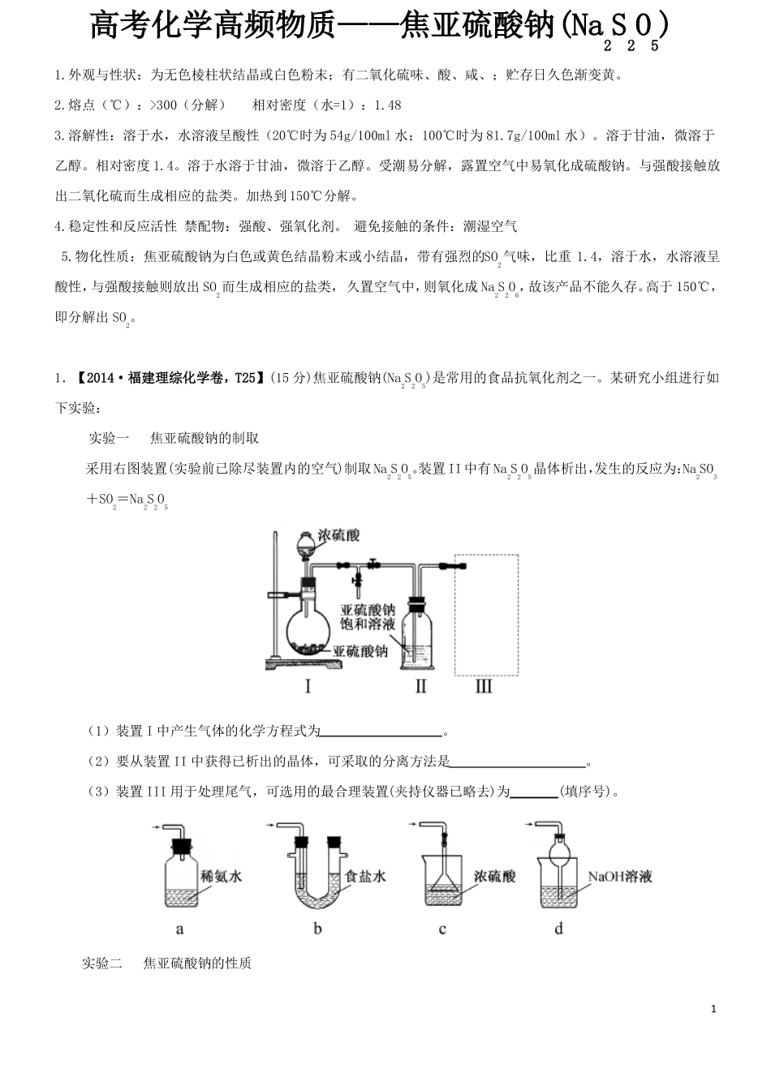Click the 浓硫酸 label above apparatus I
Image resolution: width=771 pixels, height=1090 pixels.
coord(338,535)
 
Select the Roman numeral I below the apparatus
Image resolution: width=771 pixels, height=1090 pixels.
coord(308,687)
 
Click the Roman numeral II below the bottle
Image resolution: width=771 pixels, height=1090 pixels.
coord(420,687)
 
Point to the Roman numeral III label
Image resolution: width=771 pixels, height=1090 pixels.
coord(484,687)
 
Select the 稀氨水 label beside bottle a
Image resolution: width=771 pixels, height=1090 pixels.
coord(221,877)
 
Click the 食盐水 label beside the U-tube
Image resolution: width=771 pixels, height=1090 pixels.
coord(365,877)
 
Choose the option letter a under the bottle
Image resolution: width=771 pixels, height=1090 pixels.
coord(179,929)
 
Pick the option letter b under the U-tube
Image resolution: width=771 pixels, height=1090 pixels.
coord(317,929)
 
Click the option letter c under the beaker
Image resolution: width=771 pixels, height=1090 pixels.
coord(442,929)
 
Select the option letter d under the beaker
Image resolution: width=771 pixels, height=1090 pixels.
coord(558,929)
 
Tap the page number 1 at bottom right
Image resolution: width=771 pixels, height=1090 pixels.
coord(713,1009)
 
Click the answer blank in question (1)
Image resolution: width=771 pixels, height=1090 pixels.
coord(381,732)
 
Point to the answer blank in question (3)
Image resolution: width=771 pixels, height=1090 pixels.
coord(534,792)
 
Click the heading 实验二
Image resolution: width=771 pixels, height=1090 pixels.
coord(101,963)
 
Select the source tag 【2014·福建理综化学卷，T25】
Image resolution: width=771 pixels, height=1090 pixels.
coord(166,377)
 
